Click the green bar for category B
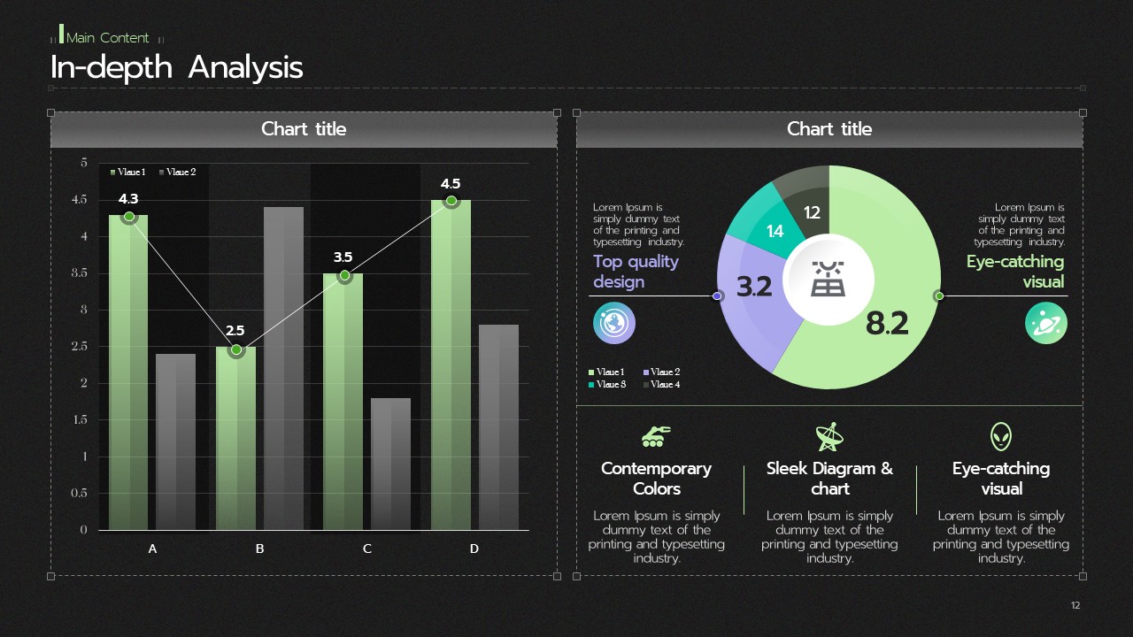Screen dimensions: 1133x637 point(235,438)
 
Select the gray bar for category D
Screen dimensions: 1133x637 point(498,427)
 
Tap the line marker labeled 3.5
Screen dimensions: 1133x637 point(344,275)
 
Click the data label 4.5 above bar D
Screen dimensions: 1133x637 point(451,183)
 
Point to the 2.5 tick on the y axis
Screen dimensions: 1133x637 point(80,346)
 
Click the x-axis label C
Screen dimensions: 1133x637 point(366,549)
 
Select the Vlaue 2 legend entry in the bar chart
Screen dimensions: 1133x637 point(177,172)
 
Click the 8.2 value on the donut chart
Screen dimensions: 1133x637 point(887,323)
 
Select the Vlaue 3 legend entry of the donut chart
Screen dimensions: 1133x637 point(607,385)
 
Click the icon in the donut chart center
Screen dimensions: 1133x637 point(828,279)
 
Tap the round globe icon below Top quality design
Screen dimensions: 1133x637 point(614,323)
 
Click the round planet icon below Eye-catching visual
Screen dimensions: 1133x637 point(1046,323)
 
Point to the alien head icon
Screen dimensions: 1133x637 point(1001,437)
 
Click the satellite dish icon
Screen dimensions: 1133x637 point(829,437)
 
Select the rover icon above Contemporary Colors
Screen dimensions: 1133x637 point(656,437)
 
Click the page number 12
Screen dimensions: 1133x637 point(1075,605)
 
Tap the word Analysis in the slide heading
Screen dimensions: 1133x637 point(246,68)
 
